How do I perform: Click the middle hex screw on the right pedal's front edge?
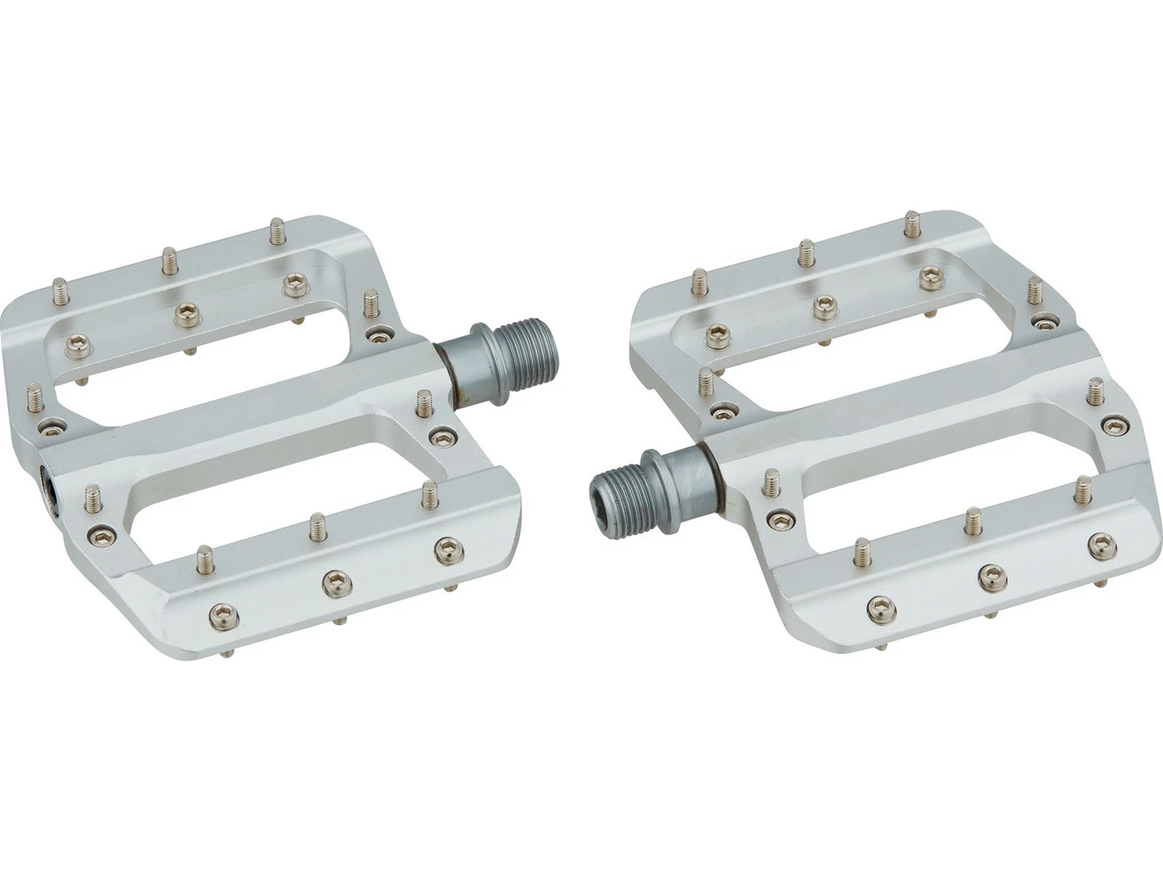988,573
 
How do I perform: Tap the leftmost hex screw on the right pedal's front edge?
877,606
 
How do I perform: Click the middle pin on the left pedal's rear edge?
169,262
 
